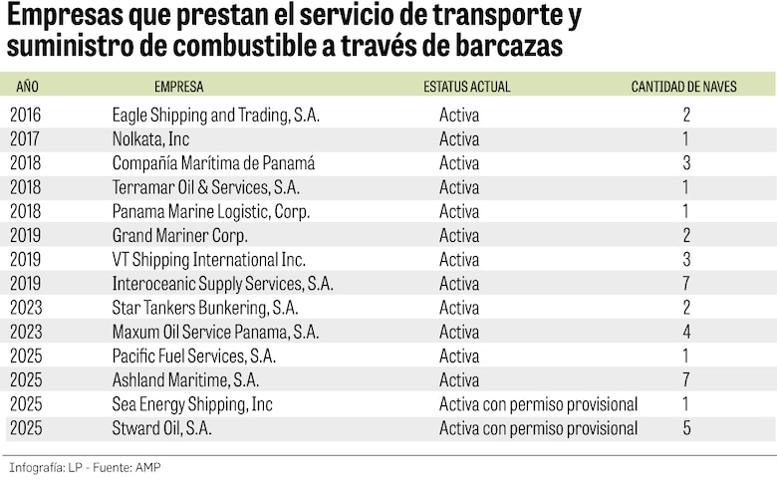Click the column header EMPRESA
click(x=179, y=87)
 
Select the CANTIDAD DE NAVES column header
click(x=684, y=87)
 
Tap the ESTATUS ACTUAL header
click(x=466, y=87)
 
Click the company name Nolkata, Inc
click(x=150, y=139)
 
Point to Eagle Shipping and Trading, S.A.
click(x=215, y=116)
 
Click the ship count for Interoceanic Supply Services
click(x=686, y=284)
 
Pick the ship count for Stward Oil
click(x=686, y=428)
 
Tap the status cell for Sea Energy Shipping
click(x=538, y=404)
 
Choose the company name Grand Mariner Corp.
click(x=179, y=236)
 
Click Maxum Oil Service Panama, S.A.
click(x=215, y=332)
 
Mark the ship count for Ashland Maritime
click(x=686, y=380)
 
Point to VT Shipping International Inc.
click(x=208, y=260)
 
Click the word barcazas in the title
click(x=511, y=46)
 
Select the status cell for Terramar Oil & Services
click(x=459, y=187)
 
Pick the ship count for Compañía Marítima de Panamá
click(x=686, y=163)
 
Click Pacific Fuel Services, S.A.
click(x=193, y=357)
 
